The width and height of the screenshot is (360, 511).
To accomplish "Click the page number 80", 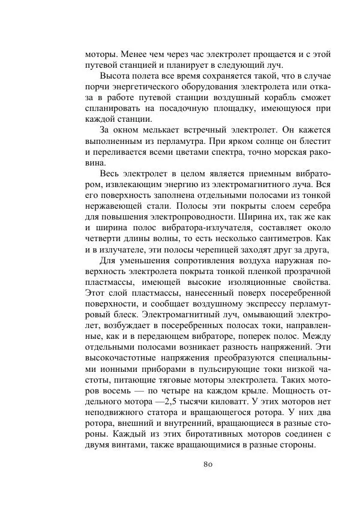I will point(209,464).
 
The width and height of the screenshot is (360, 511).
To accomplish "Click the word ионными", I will point(110,359).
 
